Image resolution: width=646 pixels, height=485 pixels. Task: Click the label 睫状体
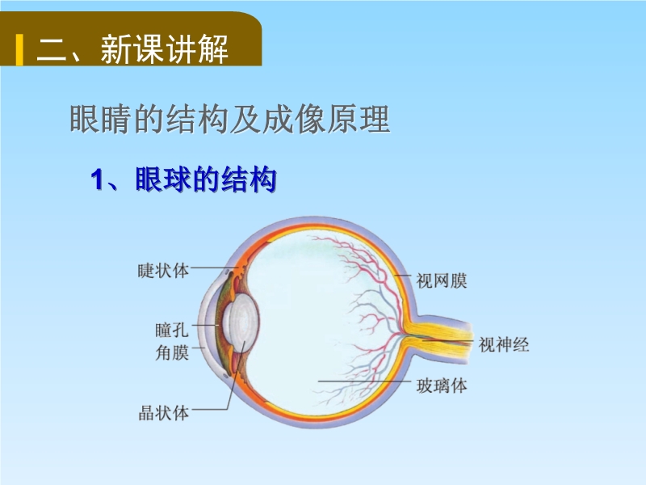tap(163, 271)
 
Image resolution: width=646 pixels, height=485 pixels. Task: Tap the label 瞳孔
tap(172, 330)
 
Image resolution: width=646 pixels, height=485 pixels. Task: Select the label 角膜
tap(172, 352)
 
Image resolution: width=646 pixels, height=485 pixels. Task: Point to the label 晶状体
tap(164, 413)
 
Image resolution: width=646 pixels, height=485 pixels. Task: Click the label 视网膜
tap(441, 280)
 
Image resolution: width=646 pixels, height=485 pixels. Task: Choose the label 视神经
tap(503, 344)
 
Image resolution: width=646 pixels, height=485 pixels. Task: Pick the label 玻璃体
tap(441, 386)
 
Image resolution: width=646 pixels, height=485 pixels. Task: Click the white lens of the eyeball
tap(241, 323)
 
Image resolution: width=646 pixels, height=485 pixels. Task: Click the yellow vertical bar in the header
tap(19, 50)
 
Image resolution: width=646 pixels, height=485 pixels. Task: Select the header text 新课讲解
tap(165, 49)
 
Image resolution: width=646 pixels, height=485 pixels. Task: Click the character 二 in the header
tap(52, 50)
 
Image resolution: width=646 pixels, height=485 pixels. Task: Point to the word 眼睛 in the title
tap(101, 119)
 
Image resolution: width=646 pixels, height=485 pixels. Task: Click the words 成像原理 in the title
tap(326, 119)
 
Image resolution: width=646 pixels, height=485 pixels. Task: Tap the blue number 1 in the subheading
tap(97, 179)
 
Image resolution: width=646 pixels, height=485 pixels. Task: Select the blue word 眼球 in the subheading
tap(164, 179)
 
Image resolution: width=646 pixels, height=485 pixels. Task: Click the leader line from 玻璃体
tap(364, 382)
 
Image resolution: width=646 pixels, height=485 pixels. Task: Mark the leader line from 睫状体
tap(215, 268)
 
